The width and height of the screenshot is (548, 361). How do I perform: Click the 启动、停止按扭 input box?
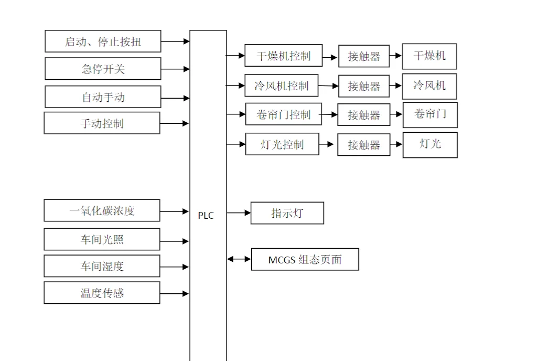103,41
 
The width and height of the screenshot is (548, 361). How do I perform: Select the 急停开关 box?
103,69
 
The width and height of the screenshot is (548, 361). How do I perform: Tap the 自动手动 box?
103,97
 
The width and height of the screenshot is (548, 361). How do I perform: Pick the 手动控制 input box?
102,123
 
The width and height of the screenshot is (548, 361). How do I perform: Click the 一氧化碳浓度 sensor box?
102,210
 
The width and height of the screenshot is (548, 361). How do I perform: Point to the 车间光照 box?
102,239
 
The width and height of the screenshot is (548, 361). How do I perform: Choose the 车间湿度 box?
102,266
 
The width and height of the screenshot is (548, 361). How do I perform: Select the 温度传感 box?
102,293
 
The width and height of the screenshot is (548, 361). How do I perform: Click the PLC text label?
206,216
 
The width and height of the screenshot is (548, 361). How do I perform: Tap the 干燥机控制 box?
283,56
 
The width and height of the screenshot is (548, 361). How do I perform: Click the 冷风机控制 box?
281,86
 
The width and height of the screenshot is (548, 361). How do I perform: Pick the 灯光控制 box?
282,144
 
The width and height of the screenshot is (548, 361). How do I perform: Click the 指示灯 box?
287,213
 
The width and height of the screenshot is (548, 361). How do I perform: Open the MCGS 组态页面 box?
305,259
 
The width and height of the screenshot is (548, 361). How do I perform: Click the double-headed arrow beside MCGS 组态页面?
239,259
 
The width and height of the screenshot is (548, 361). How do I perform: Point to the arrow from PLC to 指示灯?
239,213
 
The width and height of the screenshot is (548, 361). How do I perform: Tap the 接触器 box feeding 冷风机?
363,86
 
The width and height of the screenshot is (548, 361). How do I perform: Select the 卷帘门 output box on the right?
430,115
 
